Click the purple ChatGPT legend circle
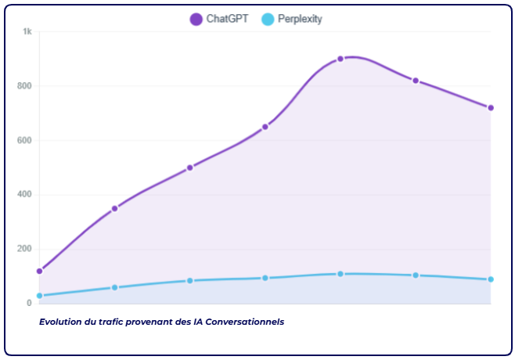[196, 19]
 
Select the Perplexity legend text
[300, 19]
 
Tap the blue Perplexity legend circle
[268, 19]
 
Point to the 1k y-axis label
[27, 31]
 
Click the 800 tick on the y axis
[26, 86]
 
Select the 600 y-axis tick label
[26, 141]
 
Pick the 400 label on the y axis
[26, 195]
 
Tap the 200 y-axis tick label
[26, 249]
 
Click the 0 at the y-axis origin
[29, 303]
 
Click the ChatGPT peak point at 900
[340, 59]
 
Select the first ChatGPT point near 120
[40, 271]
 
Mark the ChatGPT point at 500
[190, 167]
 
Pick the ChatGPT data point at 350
[115, 208]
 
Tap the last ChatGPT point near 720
[491, 108]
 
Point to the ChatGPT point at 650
[265, 127]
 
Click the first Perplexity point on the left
[40, 295]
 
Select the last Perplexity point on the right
[491, 279]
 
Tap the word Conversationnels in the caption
[246, 321]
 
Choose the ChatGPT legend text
[227, 19]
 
